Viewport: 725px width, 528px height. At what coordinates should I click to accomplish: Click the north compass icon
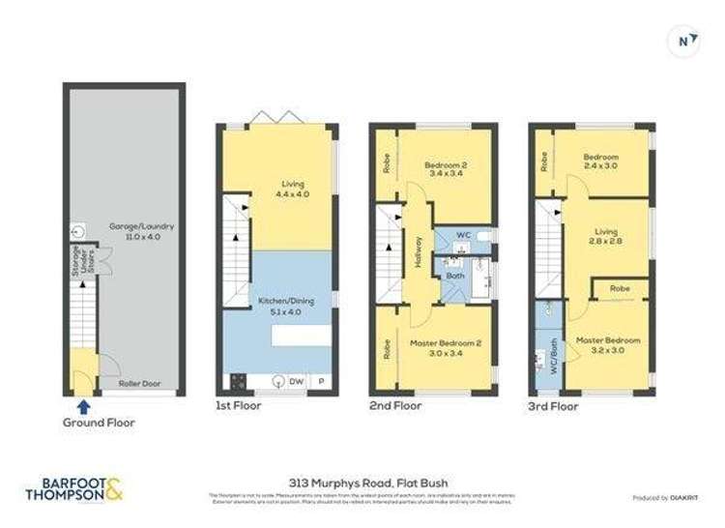click(684, 41)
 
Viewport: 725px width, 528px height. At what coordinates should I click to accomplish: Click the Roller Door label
click(138, 383)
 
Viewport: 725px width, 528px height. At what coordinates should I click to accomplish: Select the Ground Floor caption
click(100, 423)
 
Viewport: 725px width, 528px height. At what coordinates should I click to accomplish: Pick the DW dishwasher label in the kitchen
click(296, 381)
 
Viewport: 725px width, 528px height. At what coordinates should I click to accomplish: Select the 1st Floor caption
click(238, 406)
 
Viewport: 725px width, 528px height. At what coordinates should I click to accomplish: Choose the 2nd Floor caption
click(396, 406)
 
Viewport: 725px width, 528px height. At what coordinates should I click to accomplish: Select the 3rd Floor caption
click(553, 406)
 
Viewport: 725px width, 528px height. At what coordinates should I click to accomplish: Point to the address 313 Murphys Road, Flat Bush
click(362, 483)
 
